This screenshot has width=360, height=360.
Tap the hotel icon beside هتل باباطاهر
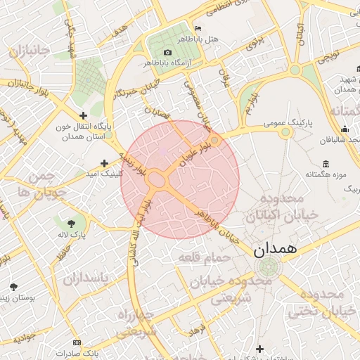(198, 29)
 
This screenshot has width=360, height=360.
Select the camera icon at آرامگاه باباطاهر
(167, 53)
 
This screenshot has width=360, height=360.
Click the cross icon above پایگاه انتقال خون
(84, 115)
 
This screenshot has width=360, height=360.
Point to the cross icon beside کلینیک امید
(105, 163)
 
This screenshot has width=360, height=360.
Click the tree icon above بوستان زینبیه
(13, 286)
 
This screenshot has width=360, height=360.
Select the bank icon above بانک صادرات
(77, 342)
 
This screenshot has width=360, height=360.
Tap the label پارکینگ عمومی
(285, 122)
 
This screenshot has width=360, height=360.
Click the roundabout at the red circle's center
(157, 181)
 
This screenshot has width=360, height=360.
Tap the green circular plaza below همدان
(268, 266)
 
